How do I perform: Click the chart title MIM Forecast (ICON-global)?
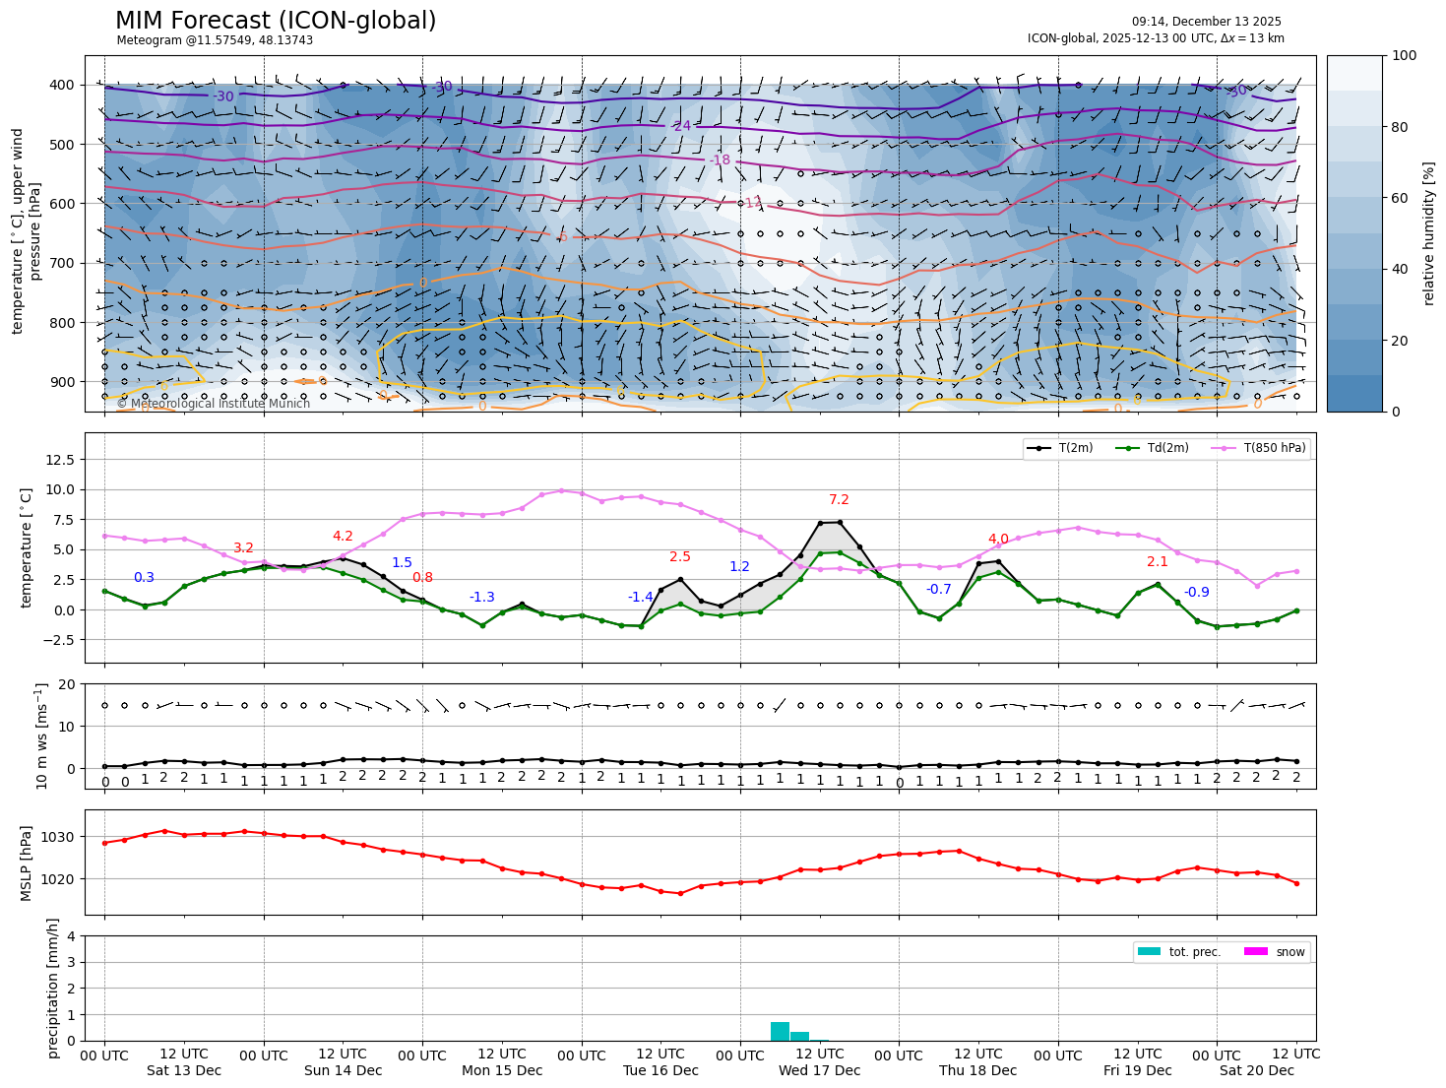pyautogui.click(x=276, y=21)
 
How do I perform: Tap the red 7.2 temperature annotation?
pyautogui.click(x=839, y=500)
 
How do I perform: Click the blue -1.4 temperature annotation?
pyautogui.click(x=641, y=597)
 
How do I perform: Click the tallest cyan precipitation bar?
pyautogui.click(x=780, y=1031)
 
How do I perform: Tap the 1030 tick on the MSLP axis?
pyautogui.click(x=61, y=837)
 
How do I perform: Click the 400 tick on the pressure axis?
pyautogui.click(x=62, y=86)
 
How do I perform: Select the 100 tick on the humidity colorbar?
pyautogui.click(x=1405, y=56)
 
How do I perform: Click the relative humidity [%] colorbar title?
pyautogui.click(x=1428, y=233)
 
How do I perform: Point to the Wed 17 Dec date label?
pyautogui.click(x=819, y=1070)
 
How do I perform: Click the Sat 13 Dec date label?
pyautogui.click(x=184, y=1070)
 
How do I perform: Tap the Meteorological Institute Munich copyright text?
pyautogui.click(x=214, y=404)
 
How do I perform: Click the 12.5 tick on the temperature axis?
pyautogui.click(x=60, y=460)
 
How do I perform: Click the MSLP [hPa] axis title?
pyautogui.click(x=27, y=864)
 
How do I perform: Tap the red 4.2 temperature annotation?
pyautogui.click(x=343, y=537)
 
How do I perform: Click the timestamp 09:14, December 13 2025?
pyautogui.click(x=1206, y=22)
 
